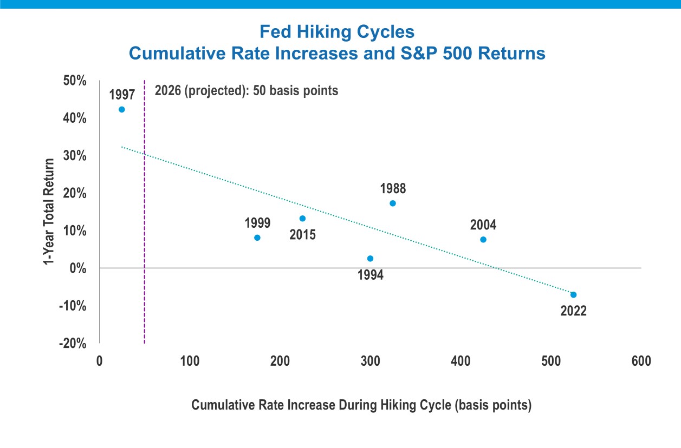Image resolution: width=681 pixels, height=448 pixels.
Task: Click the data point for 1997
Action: tap(121, 110)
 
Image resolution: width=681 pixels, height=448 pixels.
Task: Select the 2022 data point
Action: tap(573, 295)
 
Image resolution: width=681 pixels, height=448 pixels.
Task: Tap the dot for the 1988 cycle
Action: tap(393, 203)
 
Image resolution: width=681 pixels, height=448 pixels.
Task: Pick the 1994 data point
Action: tap(370, 259)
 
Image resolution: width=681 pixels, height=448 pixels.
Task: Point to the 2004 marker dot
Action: tap(483, 240)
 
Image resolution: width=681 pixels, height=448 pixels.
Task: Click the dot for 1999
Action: tap(257, 238)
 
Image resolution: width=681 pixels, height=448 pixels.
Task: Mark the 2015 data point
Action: tap(302, 219)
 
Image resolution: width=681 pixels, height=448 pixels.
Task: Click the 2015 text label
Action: tap(302, 235)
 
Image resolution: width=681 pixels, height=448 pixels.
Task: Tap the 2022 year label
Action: tap(573, 311)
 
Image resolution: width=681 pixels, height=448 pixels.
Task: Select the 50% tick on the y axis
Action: tap(75, 81)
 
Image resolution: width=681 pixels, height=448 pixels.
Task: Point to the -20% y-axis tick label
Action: tap(73, 344)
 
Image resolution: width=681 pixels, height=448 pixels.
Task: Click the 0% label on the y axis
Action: tap(78, 268)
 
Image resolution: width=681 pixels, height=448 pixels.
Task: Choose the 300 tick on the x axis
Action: tap(370, 361)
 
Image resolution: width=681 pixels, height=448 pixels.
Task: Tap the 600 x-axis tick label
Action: tap(641, 361)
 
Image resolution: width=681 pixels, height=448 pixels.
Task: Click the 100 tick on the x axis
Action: tap(190, 361)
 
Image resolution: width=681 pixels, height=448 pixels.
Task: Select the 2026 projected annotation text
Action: tap(247, 91)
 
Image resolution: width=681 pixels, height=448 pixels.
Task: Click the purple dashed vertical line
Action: tap(145, 212)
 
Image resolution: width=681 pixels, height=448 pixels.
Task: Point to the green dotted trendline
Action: tap(347, 221)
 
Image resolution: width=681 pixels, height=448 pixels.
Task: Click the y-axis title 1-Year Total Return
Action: tap(49, 212)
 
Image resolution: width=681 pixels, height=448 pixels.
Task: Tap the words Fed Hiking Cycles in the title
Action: tap(337, 31)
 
